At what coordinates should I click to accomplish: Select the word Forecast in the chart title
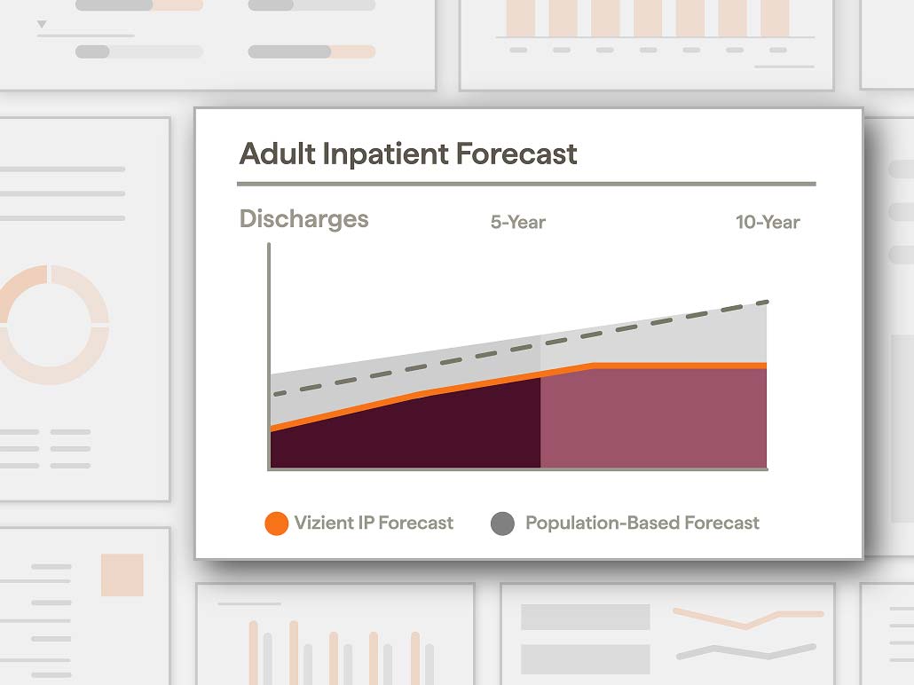coord(516,154)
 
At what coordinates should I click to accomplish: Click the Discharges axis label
coord(303,219)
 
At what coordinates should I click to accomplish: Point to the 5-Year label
coord(518,222)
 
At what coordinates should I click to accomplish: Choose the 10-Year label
coord(768,222)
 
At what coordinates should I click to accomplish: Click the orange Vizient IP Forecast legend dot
coord(276,524)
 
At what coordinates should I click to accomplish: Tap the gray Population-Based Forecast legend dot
coord(502,524)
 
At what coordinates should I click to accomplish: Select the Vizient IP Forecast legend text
coord(374,523)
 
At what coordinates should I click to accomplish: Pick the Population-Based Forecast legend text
coord(642,523)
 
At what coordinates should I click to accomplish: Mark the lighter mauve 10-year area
coord(653,417)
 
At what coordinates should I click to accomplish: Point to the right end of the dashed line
coord(767,302)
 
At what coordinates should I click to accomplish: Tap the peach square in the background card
coord(122,575)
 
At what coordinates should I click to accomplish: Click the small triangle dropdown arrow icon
coord(42,24)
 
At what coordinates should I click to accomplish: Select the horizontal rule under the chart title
coord(526,184)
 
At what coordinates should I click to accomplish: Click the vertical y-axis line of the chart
coord(269,356)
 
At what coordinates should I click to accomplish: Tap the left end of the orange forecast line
coord(272,429)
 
